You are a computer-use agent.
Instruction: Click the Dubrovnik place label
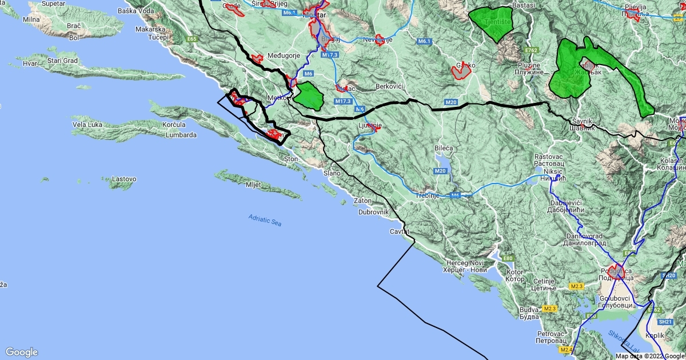click(x=373, y=212)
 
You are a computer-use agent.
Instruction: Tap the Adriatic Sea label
click(x=265, y=220)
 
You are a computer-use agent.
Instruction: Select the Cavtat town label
click(x=400, y=231)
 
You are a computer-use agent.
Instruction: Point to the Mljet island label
click(x=253, y=185)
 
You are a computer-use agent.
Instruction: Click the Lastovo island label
click(x=124, y=179)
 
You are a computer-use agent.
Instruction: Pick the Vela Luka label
click(x=87, y=125)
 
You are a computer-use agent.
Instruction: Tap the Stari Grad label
click(x=62, y=60)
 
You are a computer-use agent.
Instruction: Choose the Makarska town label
click(x=150, y=29)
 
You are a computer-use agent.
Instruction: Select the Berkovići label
click(x=389, y=86)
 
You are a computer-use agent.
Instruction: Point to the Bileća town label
click(x=443, y=148)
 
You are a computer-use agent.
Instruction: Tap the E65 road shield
click(x=192, y=39)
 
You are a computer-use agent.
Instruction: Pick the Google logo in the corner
click(x=22, y=352)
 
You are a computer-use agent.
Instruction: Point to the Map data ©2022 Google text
click(x=649, y=356)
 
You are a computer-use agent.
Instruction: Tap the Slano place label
click(x=332, y=173)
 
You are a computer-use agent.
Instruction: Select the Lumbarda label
click(x=181, y=135)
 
